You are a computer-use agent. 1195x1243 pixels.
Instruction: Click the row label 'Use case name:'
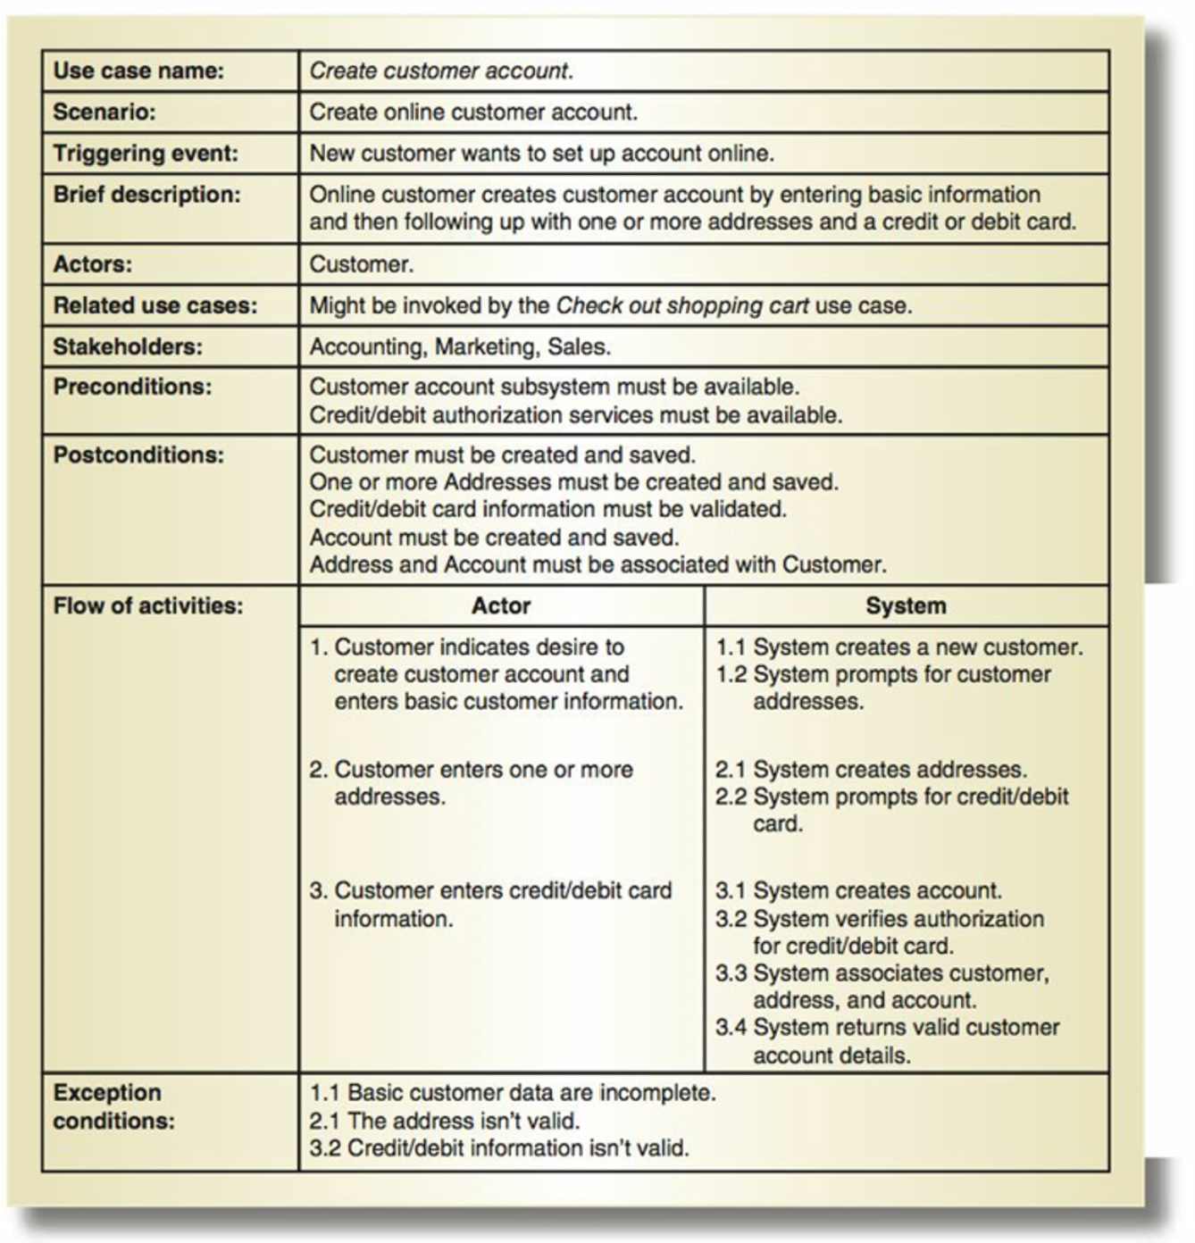pyautogui.click(x=138, y=71)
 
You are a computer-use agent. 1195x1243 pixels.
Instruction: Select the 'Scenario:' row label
pyautogui.click(x=104, y=112)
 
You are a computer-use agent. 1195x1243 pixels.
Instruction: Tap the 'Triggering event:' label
pyautogui.click(x=146, y=153)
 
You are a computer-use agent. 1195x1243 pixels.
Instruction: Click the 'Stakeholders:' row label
pyautogui.click(x=128, y=346)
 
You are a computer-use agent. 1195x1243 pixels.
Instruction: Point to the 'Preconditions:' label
pyautogui.click(x=132, y=387)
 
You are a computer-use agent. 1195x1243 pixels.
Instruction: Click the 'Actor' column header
pyautogui.click(x=501, y=605)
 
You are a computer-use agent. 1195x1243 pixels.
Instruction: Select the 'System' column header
pyautogui.click(x=906, y=605)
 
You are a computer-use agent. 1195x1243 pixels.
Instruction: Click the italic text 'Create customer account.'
pyautogui.click(x=441, y=71)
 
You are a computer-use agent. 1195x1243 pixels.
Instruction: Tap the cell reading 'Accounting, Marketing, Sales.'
pyautogui.click(x=460, y=346)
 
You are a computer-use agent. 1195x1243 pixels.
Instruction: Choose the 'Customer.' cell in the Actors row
pyautogui.click(x=362, y=264)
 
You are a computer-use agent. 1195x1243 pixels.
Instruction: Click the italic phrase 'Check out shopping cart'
pyautogui.click(x=682, y=305)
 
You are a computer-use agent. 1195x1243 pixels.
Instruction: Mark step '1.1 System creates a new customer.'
pyautogui.click(x=898, y=647)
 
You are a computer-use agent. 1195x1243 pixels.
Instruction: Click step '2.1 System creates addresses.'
pyautogui.click(x=871, y=769)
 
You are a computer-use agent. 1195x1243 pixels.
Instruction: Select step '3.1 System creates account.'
pyautogui.click(x=858, y=890)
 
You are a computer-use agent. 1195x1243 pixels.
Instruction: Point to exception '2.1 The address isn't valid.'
pyautogui.click(x=445, y=1120)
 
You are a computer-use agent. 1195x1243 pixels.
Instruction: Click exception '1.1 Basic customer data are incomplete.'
pyautogui.click(x=513, y=1092)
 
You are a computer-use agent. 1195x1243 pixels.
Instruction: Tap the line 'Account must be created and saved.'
pyautogui.click(x=494, y=537)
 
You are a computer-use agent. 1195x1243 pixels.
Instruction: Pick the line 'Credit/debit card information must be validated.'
pyautogui.click(x=547, y=509)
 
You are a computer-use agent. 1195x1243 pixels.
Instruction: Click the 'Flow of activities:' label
pyautogui.click(x=147, y=605)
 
